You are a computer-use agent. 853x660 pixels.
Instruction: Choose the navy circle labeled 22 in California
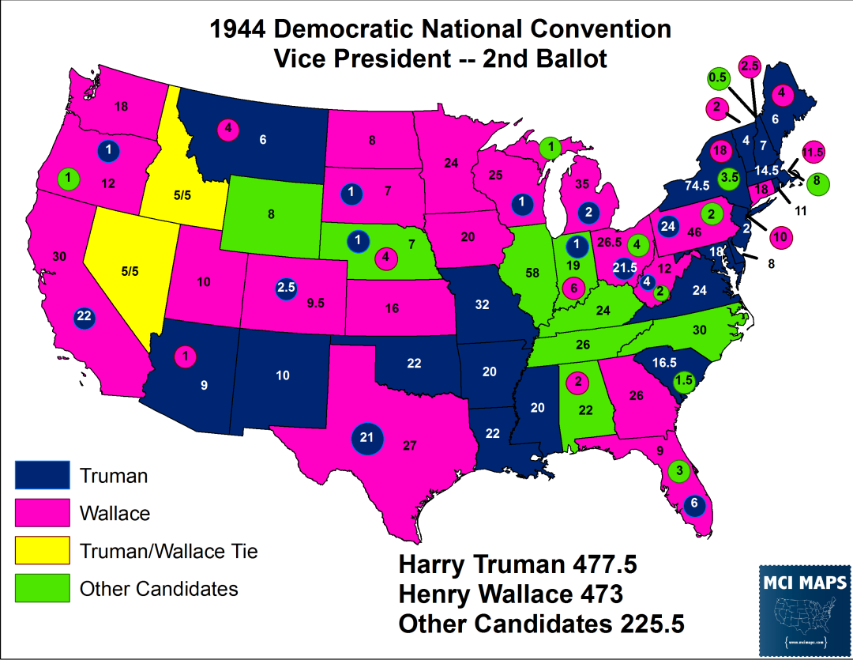85,318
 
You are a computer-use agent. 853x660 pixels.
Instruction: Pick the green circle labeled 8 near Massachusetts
816,179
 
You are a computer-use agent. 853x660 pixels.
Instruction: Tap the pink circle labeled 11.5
813,151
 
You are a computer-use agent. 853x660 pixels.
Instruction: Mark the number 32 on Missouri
483,304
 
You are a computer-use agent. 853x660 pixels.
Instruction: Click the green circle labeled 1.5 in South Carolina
685,381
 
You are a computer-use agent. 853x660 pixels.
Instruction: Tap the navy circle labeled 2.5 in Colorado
286,289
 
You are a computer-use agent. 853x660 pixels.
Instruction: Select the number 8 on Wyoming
271,213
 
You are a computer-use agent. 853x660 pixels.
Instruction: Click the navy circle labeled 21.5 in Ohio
624,269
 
